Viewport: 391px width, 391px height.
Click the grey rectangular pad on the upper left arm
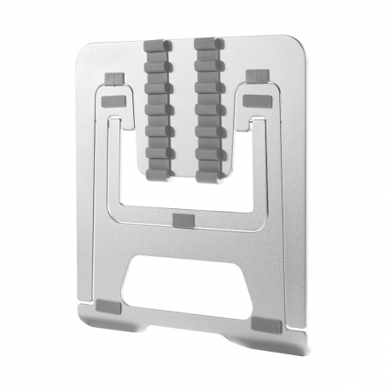point(113,102)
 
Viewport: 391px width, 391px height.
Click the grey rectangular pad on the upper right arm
point(255,102)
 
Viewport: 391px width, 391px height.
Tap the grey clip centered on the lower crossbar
point(183,221)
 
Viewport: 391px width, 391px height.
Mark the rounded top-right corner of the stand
point(299,43)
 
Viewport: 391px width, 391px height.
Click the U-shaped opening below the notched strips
point(184,192)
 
